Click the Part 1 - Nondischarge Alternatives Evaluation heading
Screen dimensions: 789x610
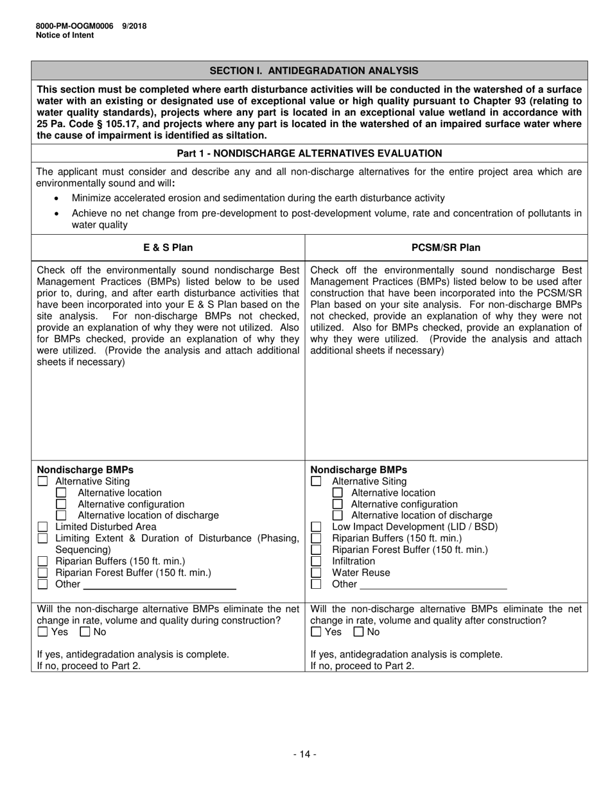309,153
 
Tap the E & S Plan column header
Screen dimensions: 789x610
168,248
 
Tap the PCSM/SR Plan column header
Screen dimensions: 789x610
446,248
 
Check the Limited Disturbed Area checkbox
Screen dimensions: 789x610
43,527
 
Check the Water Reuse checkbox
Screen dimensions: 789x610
316,573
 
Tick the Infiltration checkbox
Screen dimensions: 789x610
316,561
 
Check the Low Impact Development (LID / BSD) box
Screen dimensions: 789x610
316,527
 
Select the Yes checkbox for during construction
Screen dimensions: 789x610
43,632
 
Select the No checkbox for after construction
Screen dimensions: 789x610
358,632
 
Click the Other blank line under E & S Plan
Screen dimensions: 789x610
159,584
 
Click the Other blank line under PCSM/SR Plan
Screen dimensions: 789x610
433,584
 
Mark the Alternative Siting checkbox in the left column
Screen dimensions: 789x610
43,481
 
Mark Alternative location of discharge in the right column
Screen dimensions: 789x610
338,515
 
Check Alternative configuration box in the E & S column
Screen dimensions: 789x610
62,504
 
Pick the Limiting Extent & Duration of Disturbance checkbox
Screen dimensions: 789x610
43,538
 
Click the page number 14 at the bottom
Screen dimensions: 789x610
305,754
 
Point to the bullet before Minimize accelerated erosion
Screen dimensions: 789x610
58,199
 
